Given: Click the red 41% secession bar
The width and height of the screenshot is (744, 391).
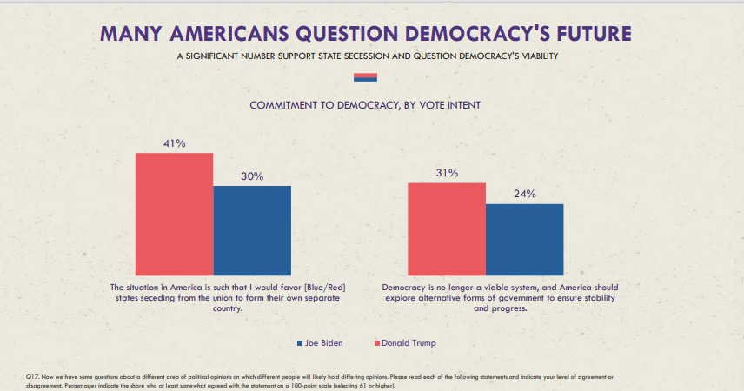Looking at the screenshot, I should [x=174, y=215].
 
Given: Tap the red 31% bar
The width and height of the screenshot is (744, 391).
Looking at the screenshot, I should [x=446, y=230].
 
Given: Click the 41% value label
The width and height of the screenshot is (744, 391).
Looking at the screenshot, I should [x=174, y=143].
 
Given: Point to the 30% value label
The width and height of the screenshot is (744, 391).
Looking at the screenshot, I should [x=252, y=176].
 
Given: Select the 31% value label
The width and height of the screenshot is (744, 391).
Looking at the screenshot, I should [x=446, y=173].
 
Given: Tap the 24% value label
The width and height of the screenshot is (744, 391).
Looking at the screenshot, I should [x=524, y=194].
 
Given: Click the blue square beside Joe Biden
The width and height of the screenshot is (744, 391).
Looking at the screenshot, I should [x=301, y=343].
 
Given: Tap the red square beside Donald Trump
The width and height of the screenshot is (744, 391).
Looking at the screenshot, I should [x=376, y=343].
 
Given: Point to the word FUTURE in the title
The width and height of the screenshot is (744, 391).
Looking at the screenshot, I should [x=594, y=34].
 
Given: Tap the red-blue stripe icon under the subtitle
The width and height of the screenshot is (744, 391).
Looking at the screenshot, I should [x=365, y=77].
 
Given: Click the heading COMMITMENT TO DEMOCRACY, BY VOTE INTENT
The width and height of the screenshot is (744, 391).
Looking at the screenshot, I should [x=365, y=105].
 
